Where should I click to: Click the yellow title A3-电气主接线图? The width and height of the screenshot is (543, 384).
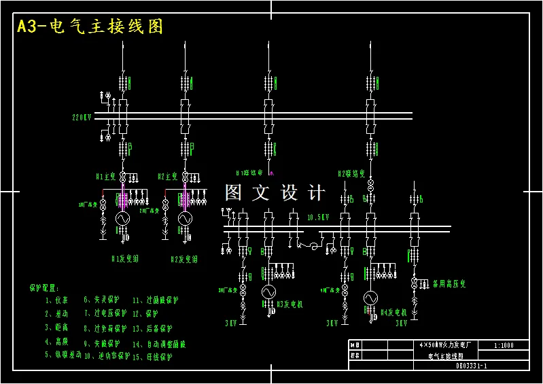click(90, 27)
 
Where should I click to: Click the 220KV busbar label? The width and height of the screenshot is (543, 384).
click(82, 118)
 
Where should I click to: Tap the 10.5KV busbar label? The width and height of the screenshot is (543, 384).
click(317, 217)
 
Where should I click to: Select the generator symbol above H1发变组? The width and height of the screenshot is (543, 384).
click(122, 219)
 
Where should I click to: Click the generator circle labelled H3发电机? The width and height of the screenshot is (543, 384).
click(268, 291)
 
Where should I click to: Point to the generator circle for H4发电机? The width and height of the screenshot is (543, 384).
click(370, 298)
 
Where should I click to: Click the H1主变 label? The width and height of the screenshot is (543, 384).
click(107, 176)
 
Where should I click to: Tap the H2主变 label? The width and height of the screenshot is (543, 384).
click(167, 176)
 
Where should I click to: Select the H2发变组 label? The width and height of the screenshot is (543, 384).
click(183, 259)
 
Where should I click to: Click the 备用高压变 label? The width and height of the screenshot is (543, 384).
click(449, 283)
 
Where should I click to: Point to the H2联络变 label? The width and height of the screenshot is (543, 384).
click(352, 173)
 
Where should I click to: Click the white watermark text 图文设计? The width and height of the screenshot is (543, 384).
click(275, 193)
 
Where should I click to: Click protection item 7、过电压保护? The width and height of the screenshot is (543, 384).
click(105, 313)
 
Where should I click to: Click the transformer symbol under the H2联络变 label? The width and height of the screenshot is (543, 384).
click(370, 185)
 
